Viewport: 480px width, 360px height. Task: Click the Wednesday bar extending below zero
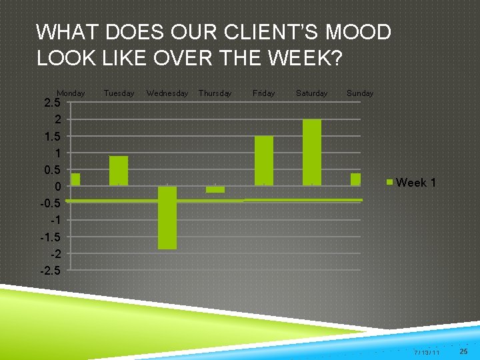click(167, 217)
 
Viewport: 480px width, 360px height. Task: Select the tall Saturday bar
click(311, 152)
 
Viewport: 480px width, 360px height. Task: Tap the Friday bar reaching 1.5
click(264, 160)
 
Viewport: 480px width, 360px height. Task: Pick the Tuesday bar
click(119, 170)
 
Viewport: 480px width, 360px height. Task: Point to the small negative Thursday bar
click(215, 189)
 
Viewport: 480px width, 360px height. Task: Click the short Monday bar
click(75, 179)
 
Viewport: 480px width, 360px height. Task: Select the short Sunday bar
click(355, 179)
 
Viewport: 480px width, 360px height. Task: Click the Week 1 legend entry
click(412, 183)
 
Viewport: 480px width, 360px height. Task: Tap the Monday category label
click(71, 93)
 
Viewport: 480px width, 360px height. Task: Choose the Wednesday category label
click(167, 93)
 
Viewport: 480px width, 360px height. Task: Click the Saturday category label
click(311, 93)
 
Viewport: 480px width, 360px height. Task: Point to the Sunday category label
click(360, 93)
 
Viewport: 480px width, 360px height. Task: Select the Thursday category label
click(215, 93)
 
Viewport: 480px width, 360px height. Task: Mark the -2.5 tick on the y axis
click(50, 271)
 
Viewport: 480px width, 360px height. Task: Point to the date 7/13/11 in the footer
click(427, 351)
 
